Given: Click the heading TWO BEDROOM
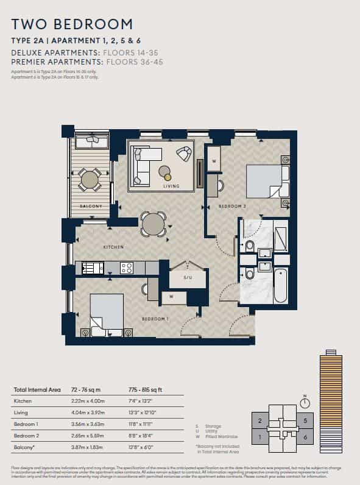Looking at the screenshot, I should pos(72,24).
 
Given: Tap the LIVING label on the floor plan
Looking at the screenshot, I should pos(171,186).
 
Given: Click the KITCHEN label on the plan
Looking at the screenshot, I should pos(113,247).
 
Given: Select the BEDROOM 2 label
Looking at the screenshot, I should pos(232,207).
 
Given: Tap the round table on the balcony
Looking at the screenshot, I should pos(90,180).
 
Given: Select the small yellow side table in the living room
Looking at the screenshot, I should pos(168,177).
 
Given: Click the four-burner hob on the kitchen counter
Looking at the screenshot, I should pos(127,267).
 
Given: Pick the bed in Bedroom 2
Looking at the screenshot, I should pos(265,181).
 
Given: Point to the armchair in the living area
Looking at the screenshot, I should pos(183,154).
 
